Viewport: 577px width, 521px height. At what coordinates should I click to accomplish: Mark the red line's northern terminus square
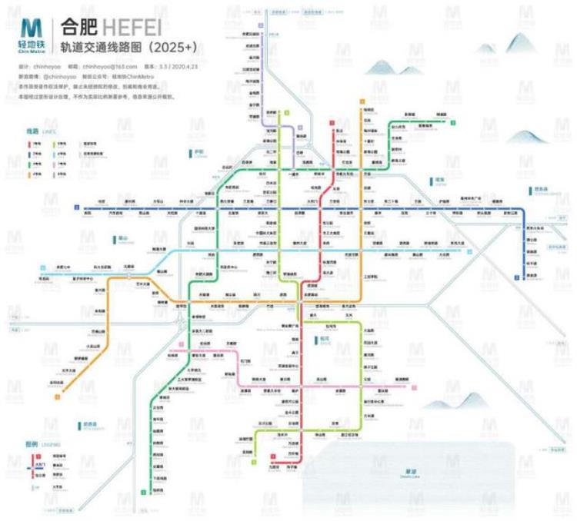point(332,122)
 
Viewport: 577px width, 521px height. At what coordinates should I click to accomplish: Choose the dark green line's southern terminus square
point(144,492)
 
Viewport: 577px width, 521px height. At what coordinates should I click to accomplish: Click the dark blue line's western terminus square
point(76,207)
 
